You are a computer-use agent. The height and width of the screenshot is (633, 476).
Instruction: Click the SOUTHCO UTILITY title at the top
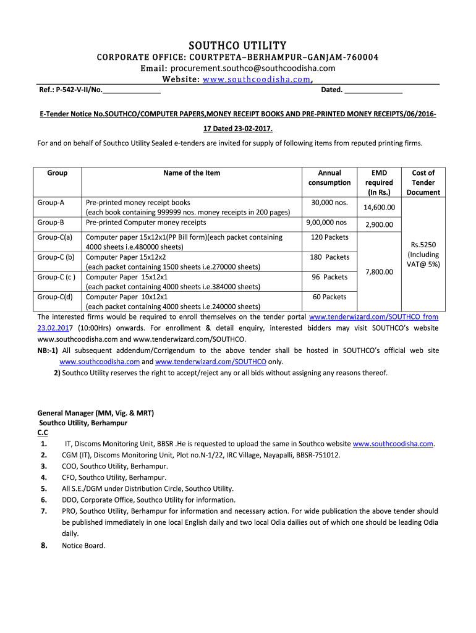[237, 46]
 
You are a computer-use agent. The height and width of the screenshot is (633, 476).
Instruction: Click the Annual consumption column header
[329, 177]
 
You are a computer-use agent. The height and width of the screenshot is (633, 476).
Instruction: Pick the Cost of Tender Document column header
[423, 182]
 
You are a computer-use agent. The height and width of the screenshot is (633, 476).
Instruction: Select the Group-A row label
[51, 202]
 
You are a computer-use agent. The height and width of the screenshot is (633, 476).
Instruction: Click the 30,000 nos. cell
[329, 202]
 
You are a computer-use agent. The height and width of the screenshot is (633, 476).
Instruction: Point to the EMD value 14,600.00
[379, 208]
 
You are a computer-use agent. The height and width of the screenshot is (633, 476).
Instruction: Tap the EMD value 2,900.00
[379, 225]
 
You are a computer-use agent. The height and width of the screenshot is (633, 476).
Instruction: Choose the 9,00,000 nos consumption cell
[326, 223]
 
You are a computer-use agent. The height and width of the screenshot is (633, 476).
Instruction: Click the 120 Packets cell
[329, 237]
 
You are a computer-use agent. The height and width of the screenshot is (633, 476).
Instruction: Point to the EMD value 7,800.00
[379, 271]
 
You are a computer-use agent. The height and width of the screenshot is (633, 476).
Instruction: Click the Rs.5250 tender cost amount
[423, 245]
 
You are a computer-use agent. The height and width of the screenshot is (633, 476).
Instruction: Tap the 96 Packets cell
[329, 277]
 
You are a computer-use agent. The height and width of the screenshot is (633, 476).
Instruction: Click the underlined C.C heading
[43, 433]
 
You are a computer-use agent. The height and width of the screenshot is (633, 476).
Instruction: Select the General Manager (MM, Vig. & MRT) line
[96, 412]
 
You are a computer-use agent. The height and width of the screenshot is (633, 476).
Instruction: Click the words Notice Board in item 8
[83, 545]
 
